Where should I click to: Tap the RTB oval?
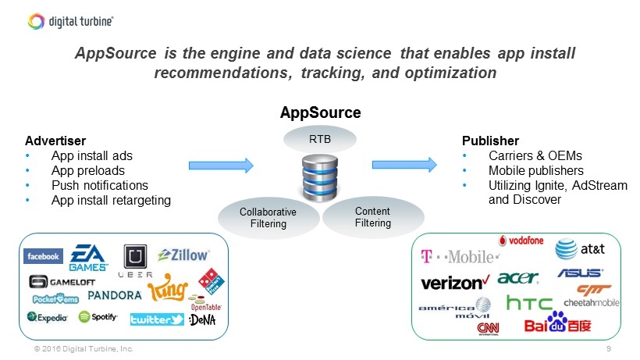tap(320, 140)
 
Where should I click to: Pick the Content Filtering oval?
tap(372, 217)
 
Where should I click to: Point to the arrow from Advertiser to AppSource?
tap(222, 166)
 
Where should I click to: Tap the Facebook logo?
tap(44, 256)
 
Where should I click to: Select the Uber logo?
tap(135, 261)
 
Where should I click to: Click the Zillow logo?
tap(183, 255)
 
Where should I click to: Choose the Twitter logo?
tap(157, 319)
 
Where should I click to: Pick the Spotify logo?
tap(98, 317)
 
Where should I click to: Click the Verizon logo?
tap(455, 282)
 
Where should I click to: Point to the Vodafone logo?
tap(521, 241)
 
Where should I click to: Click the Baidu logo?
tap(557, 323)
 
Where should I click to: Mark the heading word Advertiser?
tap(55, 141)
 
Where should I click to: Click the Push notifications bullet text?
tap(99, 186)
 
